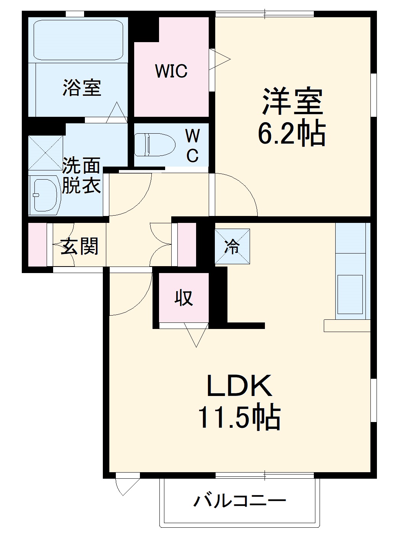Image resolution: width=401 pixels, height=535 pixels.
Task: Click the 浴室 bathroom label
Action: point(82,87)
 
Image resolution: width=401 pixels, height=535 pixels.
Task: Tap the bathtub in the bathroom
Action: point(78,40)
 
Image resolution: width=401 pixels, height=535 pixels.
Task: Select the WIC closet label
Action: point(171,71)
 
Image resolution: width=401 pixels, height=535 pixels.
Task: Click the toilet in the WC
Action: point(154,144)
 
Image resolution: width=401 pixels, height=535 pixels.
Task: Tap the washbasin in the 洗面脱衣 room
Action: point(45,195)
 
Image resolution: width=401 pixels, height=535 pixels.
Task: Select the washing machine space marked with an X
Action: point(45,153)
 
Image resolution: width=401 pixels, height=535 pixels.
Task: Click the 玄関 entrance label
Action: point(80,246)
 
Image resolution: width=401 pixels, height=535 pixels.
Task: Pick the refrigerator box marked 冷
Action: point(232,247)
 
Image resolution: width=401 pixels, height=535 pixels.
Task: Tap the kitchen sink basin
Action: point(350,294)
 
